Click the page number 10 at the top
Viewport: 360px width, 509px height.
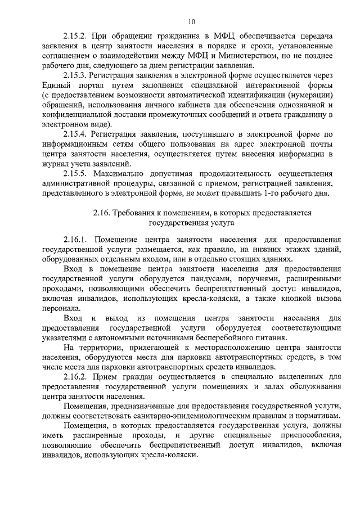[191, 22]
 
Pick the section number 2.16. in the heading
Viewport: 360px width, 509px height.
[102, 213]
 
